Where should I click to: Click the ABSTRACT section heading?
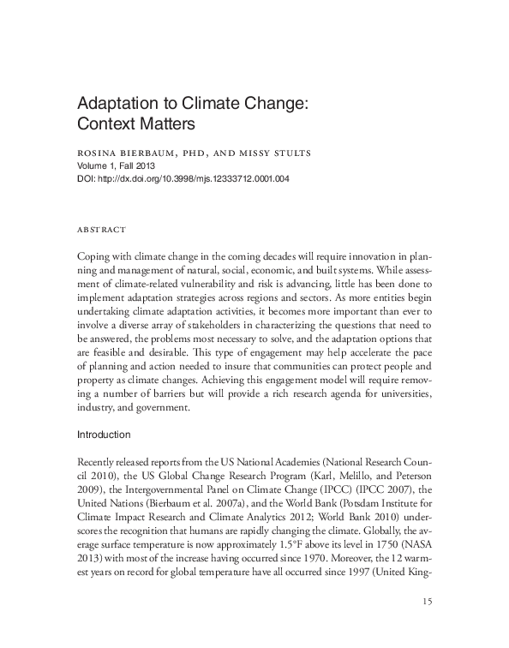pyautogui.click(x=102, y=230)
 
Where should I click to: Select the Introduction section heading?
pyautogui.click(x=104, y=435)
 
